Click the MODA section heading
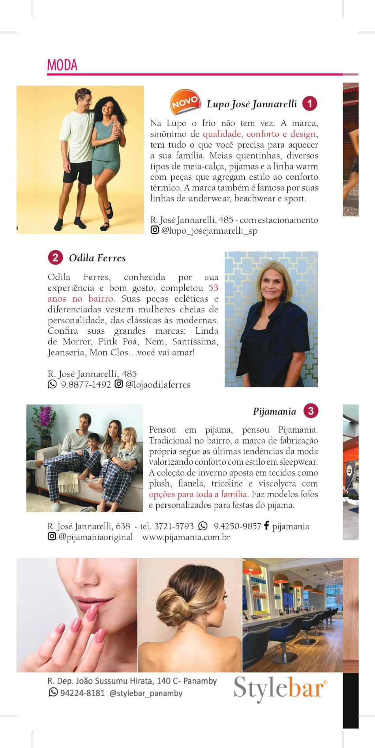click(x=62, y=65)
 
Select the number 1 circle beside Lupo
click(x=310, y=103)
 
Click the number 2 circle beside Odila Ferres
click(x=55, y=258)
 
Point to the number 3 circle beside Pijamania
click(x=311, y=411)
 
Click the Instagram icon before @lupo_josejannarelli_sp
click(x=155, y=230)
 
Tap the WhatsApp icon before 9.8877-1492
click(x=52, y=384)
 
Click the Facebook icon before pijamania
click(x=266, y=526)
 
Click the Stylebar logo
click(x=280, y=689)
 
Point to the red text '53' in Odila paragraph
click(x=213, y=288)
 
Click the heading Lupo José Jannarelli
click(x=252, y=104)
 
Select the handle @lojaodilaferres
click(x=157, y=385)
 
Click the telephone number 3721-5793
click(x=174, y=526)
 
